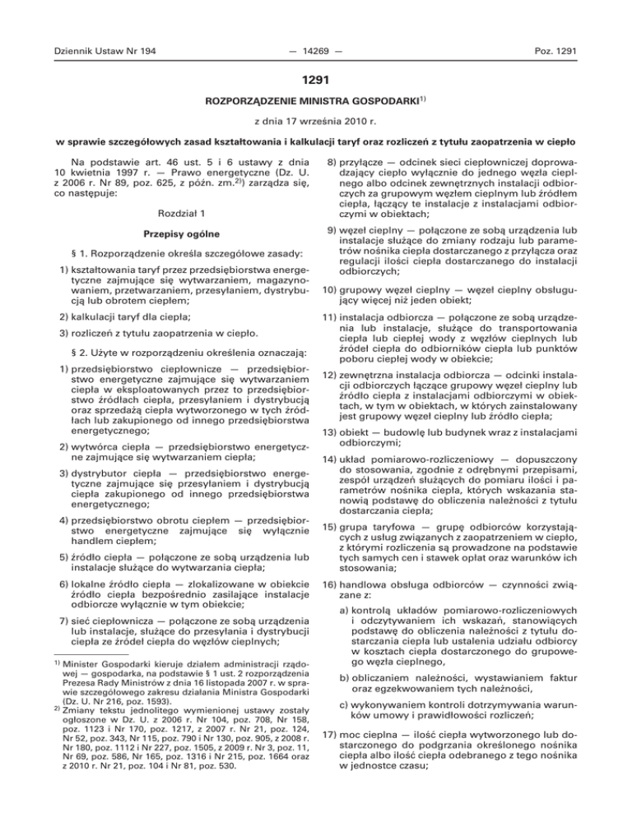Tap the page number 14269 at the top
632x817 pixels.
pyautogui.click(x=315, y=51)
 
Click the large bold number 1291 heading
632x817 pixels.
pyautogui.click(x=315, y=82)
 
